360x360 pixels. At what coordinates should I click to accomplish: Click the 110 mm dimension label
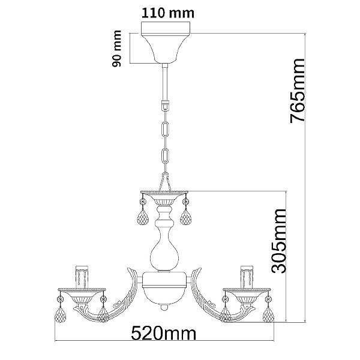click(168, 13)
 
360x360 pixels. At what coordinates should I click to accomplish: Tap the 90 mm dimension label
click(116, 49)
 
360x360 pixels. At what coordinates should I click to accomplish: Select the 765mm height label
click(298, 91)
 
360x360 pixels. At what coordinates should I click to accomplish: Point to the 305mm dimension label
click(279, 241)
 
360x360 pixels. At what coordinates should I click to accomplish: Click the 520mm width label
click(164, 334)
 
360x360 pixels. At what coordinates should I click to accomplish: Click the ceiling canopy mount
click(166, 43)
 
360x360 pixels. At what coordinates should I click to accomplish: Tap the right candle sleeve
click(247, 277)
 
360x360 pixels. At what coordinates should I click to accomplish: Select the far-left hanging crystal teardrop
click(60, 314)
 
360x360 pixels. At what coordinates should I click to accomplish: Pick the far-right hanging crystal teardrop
click(268, 314)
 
